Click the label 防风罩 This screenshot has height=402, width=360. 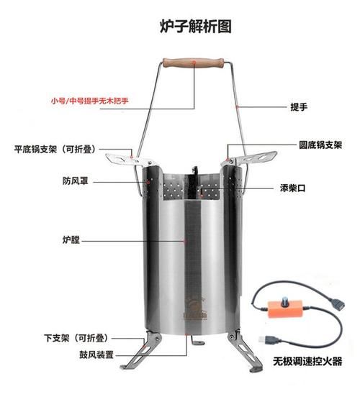coord(76,181)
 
